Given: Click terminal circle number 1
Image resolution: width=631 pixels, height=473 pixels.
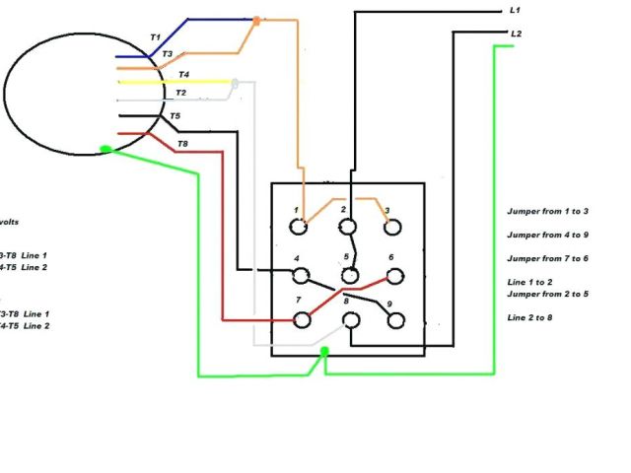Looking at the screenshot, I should [300, 227].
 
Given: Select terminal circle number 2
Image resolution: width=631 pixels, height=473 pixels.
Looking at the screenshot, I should [348, 228].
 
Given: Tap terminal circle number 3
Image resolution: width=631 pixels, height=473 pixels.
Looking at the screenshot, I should [392, 227].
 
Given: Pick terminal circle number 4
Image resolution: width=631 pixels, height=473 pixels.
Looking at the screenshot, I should [302, 275].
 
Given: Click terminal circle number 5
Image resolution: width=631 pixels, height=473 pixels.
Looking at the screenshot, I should [348, 275].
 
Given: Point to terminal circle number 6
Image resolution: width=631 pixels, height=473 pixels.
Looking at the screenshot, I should [393, 274].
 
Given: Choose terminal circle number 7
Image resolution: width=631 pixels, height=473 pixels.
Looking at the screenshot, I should [303, 319].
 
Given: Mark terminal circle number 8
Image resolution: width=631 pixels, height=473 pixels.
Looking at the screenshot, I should [348, 320].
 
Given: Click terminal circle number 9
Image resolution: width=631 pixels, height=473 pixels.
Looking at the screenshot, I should [395, 320].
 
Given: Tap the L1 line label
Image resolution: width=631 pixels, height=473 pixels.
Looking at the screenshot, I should [516, 10].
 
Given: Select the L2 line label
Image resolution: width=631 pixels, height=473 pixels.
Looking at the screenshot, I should [516, 34].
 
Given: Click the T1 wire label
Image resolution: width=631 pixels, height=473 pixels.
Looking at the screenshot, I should [155, 36].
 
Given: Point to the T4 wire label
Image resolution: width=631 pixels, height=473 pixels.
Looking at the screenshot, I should [183, 75].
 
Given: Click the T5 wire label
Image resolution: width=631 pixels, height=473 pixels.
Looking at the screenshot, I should [175, 116].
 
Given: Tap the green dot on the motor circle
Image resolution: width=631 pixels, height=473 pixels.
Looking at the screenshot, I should [106, 150].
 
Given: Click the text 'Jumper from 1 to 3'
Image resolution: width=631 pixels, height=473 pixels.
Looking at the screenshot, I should [547, 212].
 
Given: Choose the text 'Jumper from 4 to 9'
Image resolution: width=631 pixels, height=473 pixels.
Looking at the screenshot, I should [547, 235].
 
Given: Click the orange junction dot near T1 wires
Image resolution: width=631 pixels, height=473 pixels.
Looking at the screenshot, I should [256, 20].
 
